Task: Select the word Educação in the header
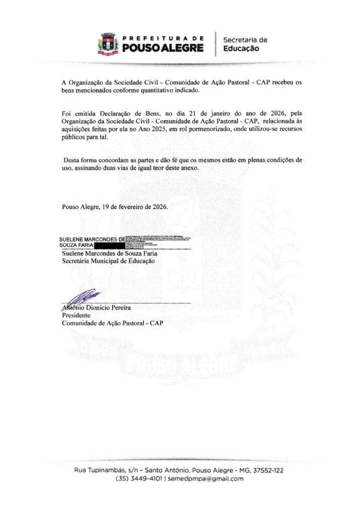coord(241,49)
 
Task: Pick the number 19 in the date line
coord(105,206)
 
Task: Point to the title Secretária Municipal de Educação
coord(108,261)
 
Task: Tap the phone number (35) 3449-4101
coord(140,479)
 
